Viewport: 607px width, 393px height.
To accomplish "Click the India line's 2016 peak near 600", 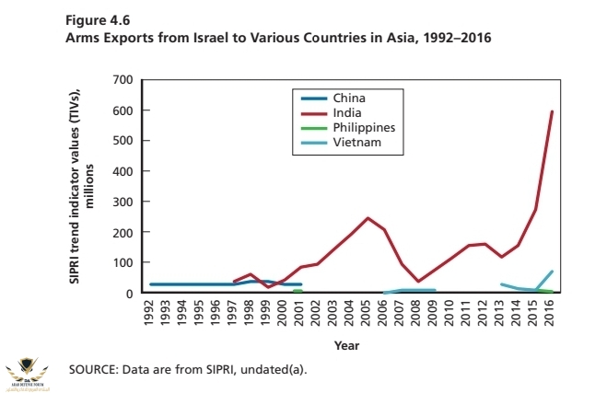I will pyautogui.click(x=552, y=112).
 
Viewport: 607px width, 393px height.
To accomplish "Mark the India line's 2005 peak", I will pyautogui.click(x=368, y=218).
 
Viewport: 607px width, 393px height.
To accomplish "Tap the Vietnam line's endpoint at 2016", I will pyautogui.click(x=552, y=272).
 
